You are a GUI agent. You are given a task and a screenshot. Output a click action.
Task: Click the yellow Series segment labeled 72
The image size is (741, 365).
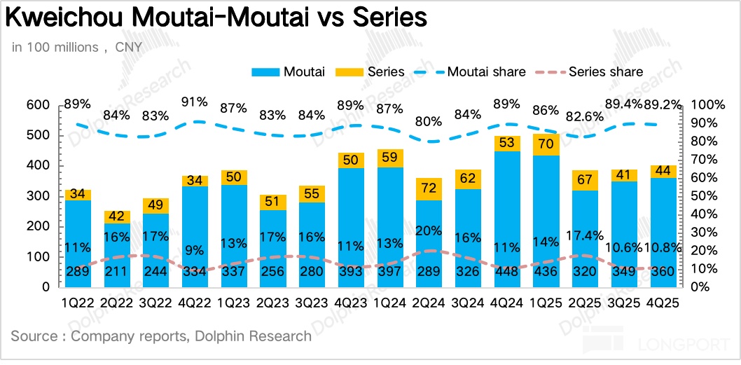tap(428, 189)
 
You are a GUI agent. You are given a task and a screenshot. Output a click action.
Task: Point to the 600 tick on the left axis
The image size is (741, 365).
tap(38, 105)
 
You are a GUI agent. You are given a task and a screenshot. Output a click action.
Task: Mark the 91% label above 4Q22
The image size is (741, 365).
tap(194, 101)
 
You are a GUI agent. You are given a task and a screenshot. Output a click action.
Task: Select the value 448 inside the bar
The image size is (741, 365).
tap(506, 273)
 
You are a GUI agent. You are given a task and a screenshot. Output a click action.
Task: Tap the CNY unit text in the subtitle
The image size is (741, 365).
tap(128, 48)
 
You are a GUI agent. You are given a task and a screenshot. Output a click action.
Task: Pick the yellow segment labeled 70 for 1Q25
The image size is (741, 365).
tap(546, 145)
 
